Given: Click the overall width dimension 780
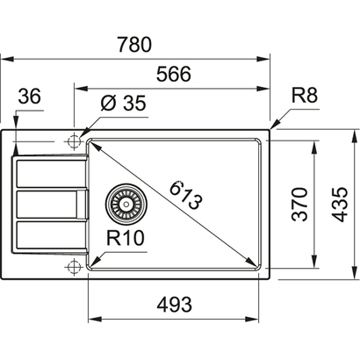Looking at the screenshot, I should coord(134,44).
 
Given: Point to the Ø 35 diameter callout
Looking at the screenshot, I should coord(121,104).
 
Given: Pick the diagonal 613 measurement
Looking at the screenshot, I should coord(185,194).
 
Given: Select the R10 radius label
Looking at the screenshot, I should coord(126,236).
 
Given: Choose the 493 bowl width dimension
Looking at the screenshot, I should coord(174,305).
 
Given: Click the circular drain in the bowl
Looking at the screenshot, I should coord(123,205).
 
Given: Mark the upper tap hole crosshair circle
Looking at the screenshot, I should coord(74,140).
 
